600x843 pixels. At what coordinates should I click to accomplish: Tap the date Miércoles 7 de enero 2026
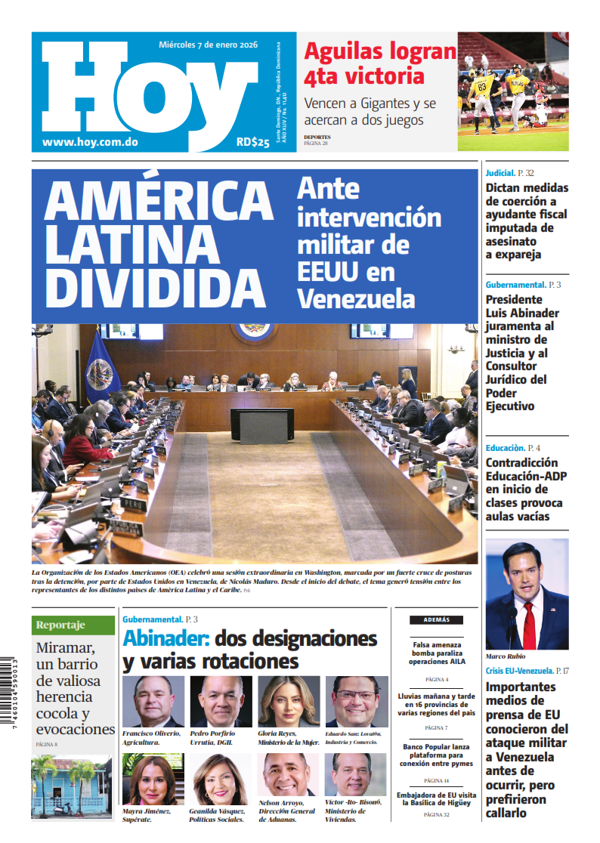[208, 45]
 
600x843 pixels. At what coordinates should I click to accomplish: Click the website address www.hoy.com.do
[90, 141]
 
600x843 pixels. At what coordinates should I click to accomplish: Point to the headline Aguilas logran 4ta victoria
[379, 63]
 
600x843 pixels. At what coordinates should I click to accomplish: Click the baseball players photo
[512, 91]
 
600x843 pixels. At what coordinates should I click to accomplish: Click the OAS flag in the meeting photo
[100, 369]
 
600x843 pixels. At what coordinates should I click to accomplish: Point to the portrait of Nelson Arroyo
[289, 779]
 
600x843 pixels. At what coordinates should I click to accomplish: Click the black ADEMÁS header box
[437, 619]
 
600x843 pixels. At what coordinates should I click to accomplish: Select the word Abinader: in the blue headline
[165, 638]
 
